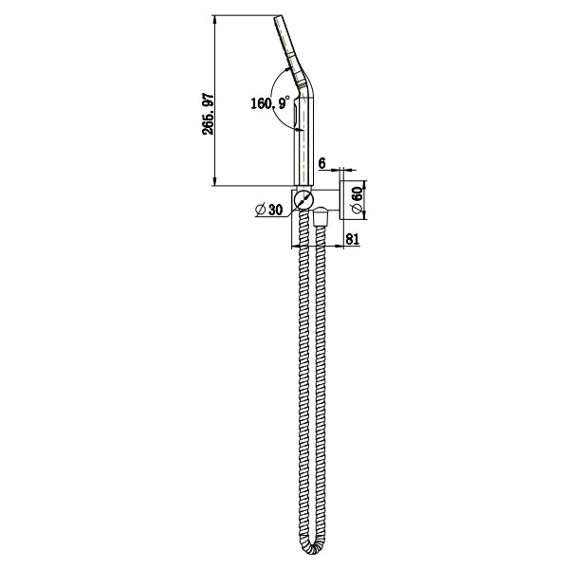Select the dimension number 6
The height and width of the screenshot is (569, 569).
(322, 164)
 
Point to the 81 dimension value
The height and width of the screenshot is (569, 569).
(351, 241)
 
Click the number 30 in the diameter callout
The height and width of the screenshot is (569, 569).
(276, 211)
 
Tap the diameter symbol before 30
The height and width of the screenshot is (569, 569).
(261, 211)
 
